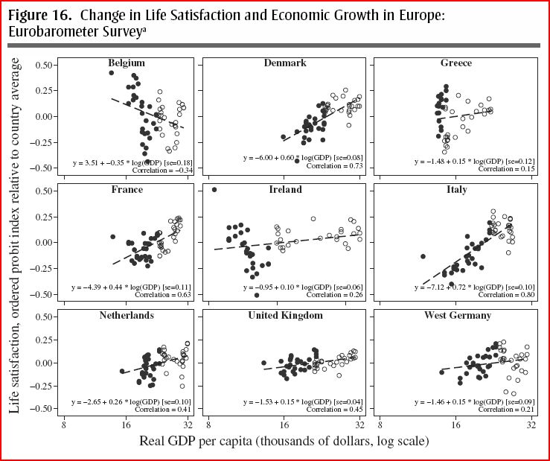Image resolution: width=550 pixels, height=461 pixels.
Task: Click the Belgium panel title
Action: (x=127, y=63)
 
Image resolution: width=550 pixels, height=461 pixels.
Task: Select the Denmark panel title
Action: (x=285, y=63)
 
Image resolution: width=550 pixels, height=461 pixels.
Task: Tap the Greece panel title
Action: (x=455, y=63)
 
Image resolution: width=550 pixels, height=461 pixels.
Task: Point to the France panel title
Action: (x=127, y=190)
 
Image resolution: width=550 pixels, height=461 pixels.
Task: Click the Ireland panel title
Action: (x=285, y=190)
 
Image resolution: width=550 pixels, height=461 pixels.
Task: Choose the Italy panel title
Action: (x=455, y=190)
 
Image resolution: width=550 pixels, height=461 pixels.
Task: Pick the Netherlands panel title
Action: (x=127, y=316)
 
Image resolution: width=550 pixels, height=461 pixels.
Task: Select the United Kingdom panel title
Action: (x=285, y=316)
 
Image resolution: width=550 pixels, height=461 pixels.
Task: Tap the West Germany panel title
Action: (x=455, y=316)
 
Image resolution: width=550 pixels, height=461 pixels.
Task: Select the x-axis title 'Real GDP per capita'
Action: (x=284, y=441)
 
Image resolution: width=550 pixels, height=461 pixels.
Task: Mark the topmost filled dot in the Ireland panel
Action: (x=214, y=190)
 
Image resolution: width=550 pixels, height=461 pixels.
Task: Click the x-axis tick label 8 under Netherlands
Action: (x=64, y=425)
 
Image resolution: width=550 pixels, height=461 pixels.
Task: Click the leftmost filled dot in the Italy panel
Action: (x=423, y=256)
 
